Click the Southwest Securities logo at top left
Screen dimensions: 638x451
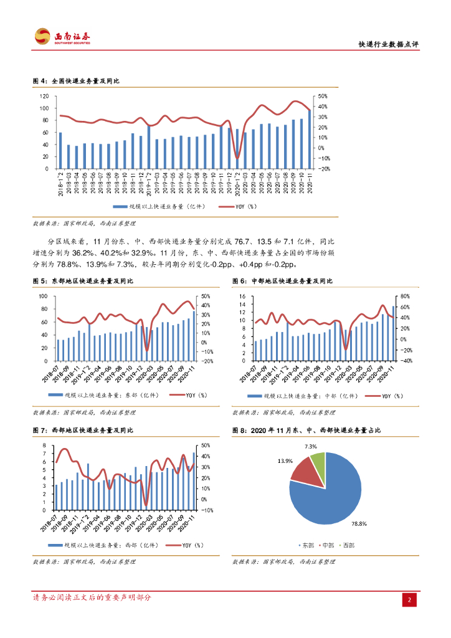click(x=62, y=37)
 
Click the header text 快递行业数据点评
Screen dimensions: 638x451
click(x=388, y=45)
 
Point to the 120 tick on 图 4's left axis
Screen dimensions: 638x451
click(x=44, y=97)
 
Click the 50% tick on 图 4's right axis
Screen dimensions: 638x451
click(x=323, y=97)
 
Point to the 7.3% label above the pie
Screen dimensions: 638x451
click(x=311, y=447)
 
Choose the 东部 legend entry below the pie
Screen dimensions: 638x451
click(x=308, y=545)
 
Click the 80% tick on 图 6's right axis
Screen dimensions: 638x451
click(x=404, y=296)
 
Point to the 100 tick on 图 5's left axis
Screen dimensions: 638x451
click(x=44, y=296)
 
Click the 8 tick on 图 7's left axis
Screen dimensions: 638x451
click(x=45, y=445)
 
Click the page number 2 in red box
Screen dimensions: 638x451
click(x=410, y=600)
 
